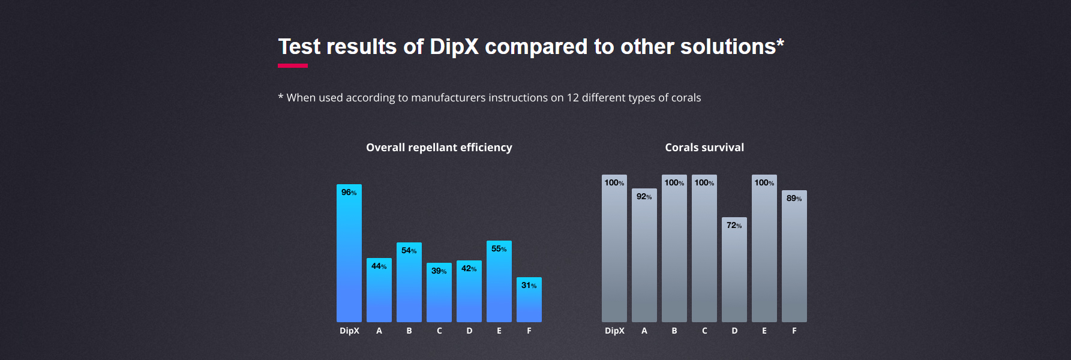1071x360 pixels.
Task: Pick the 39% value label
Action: click(x=439, y=271)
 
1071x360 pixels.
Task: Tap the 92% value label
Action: click(x=644, y=197)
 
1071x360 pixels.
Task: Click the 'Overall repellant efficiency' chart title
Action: click(x=439, y=148)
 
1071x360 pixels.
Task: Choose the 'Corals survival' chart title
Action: click(x=704, y=148)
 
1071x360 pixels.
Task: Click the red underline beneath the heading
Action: click(x=293, y=65)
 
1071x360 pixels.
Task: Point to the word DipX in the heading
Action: click(x=454, y=47)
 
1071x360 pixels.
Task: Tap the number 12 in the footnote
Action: click(x=572, y=98)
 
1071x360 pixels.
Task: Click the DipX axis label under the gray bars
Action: click(x=614, y=331)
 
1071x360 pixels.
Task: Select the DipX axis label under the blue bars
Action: click(x=349, y=331)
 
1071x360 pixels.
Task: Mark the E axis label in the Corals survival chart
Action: click(x=764, y=331)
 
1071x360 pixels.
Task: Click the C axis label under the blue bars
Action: click(x=439, y=331)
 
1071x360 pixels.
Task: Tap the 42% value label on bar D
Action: click(x=469, y=269)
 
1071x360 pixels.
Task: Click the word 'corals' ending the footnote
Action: click(x=686, y=98)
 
